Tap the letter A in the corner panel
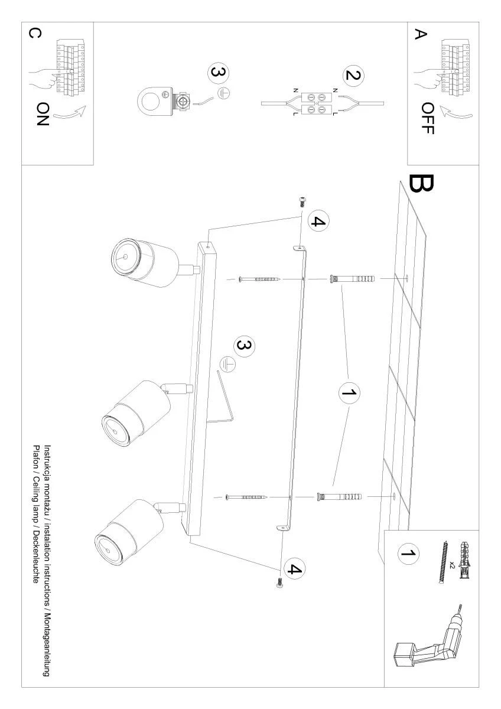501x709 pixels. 421,34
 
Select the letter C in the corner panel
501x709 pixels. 34,33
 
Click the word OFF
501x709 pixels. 428,118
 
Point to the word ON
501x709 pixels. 43,114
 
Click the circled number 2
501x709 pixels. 353,76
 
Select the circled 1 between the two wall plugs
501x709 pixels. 349,393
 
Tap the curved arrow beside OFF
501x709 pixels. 458,113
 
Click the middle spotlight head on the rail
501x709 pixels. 136,414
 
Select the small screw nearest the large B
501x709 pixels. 302,201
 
